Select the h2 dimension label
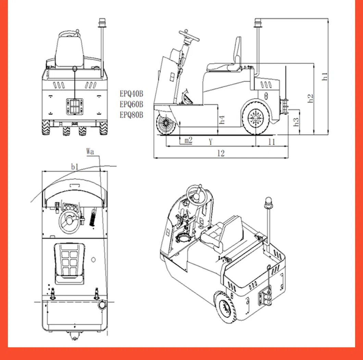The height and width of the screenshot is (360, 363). click(311, 98)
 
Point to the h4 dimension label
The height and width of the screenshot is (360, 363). click(222, 120)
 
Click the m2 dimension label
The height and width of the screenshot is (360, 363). click(188, 141)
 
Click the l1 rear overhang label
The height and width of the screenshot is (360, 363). click(272, 141)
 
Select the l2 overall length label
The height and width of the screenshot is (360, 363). click(221, 153)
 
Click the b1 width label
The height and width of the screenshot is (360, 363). click(75, 166)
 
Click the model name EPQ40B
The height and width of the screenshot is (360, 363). click(131, 93)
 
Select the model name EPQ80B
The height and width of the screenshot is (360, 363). click(131, 115)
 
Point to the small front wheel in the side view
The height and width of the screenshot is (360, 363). click(166, 124)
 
